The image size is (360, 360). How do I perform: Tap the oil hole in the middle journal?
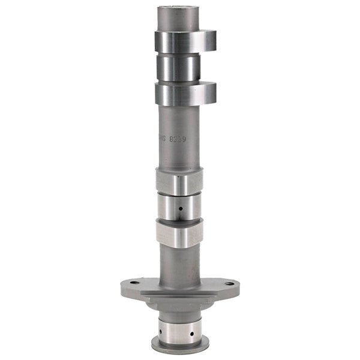pos(179,209)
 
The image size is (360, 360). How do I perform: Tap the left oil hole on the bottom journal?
pos(161,331)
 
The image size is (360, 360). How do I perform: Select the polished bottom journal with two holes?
pos(177,327)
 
